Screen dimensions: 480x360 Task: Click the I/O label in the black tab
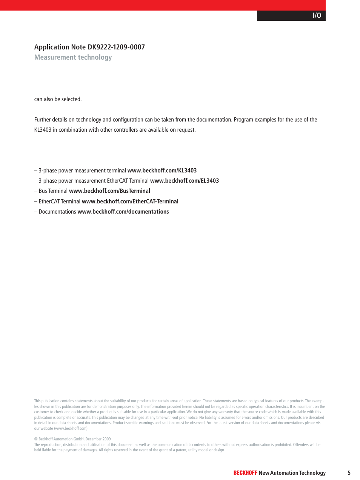tap(317, 15)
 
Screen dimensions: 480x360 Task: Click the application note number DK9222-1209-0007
tap(116, 47)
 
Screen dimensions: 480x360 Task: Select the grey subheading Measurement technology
tap(73, 57)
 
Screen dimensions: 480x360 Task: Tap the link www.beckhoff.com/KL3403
tap(162, 171)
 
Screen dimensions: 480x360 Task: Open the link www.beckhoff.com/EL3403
tap(185, 181)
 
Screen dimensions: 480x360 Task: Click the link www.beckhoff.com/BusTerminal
tap(109, 191)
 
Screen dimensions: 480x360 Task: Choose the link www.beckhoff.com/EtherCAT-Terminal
tap(130, 202)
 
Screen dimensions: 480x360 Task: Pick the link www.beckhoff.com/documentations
tap(123, 212)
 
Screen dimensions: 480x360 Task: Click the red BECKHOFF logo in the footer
tap(245, 473)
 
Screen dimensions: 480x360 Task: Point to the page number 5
tap(349, 473)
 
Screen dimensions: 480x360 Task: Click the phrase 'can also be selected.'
tap(58, 99)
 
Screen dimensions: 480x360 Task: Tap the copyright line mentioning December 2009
tap(72, 439)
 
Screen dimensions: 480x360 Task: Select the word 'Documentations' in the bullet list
tap(57, 212)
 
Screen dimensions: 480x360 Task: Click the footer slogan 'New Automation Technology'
tap(292, 473)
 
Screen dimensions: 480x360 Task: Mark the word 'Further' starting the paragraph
tap(42, 120)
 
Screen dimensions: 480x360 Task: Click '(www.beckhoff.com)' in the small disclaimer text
tap(71, 428)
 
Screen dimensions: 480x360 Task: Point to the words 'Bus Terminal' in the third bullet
tap(53, 191)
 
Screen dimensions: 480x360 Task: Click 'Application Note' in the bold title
tap(60, 47)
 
